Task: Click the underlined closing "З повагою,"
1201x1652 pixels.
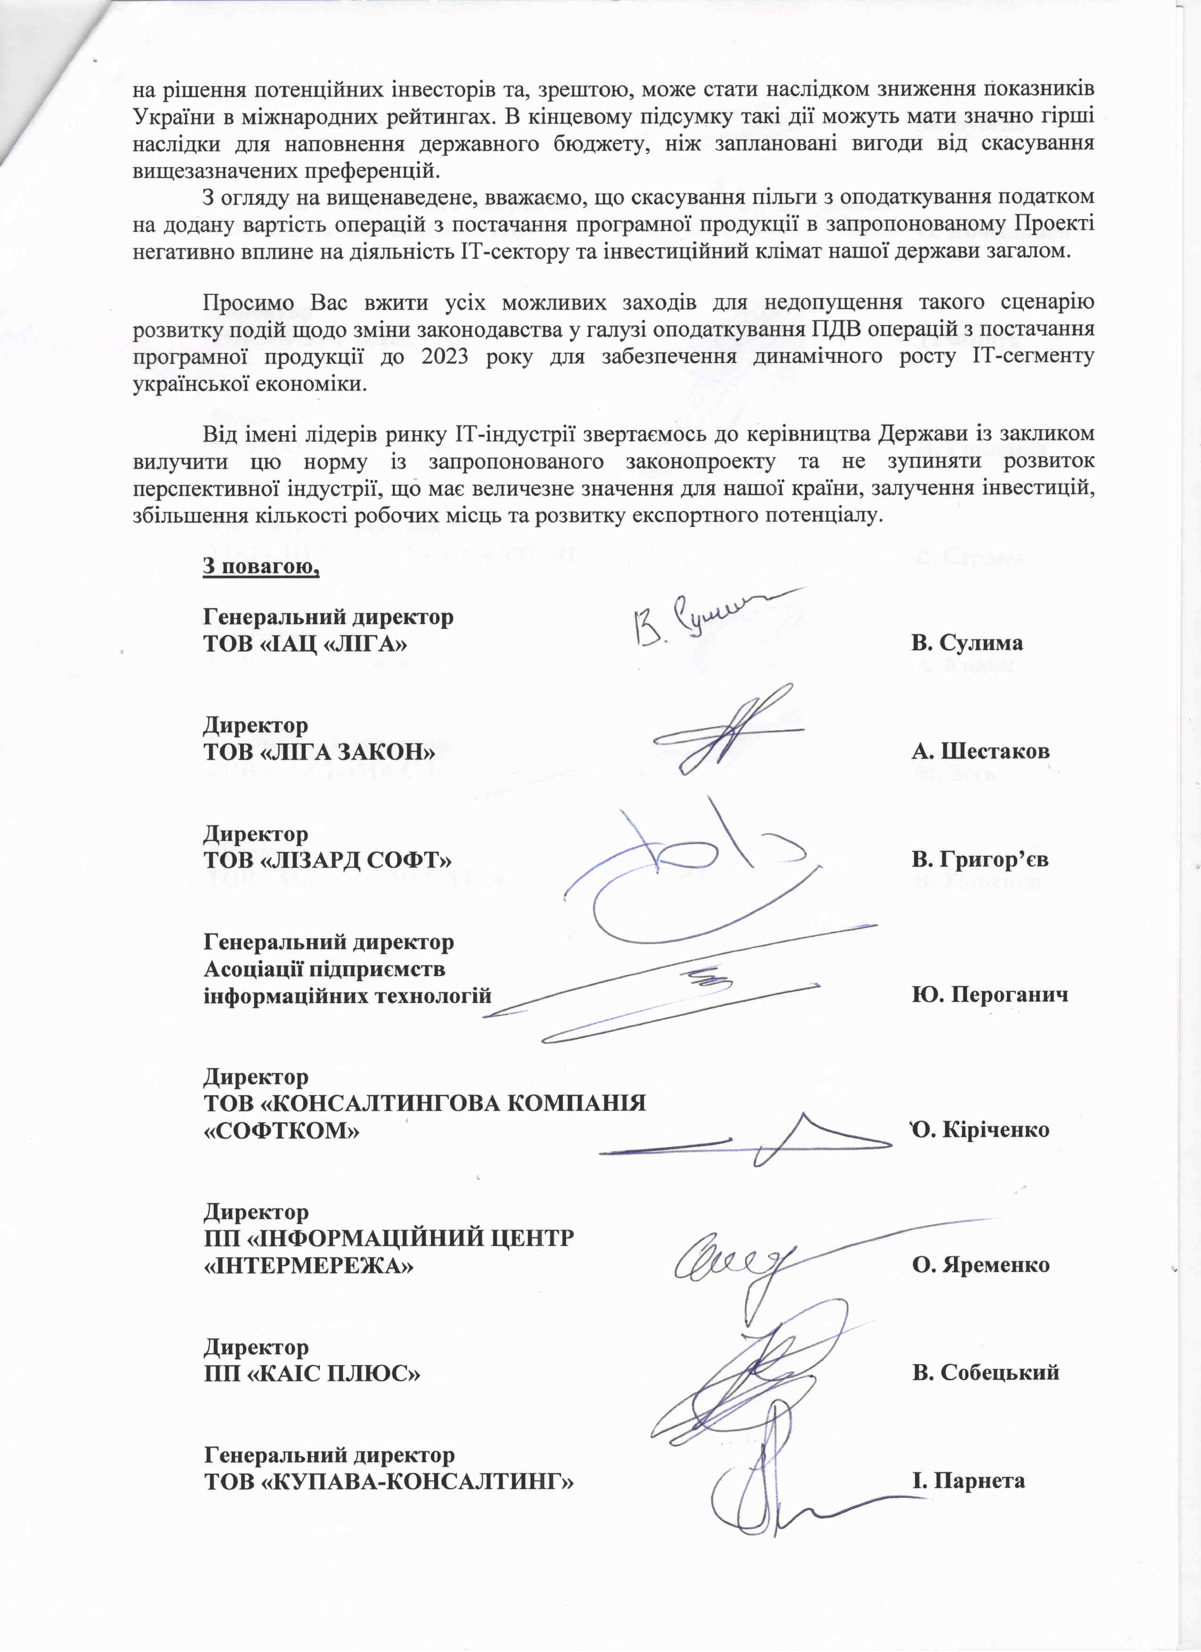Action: point(261,566)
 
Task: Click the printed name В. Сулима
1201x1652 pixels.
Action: point(966,643)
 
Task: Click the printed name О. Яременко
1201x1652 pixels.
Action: point(980,1265)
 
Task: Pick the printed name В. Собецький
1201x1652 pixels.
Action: point(985,1373)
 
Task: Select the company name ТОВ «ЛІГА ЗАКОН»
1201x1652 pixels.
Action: point(319,752)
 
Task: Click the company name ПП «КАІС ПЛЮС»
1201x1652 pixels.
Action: point(312,1374)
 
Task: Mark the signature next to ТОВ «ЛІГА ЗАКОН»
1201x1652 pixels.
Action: point(728,728)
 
